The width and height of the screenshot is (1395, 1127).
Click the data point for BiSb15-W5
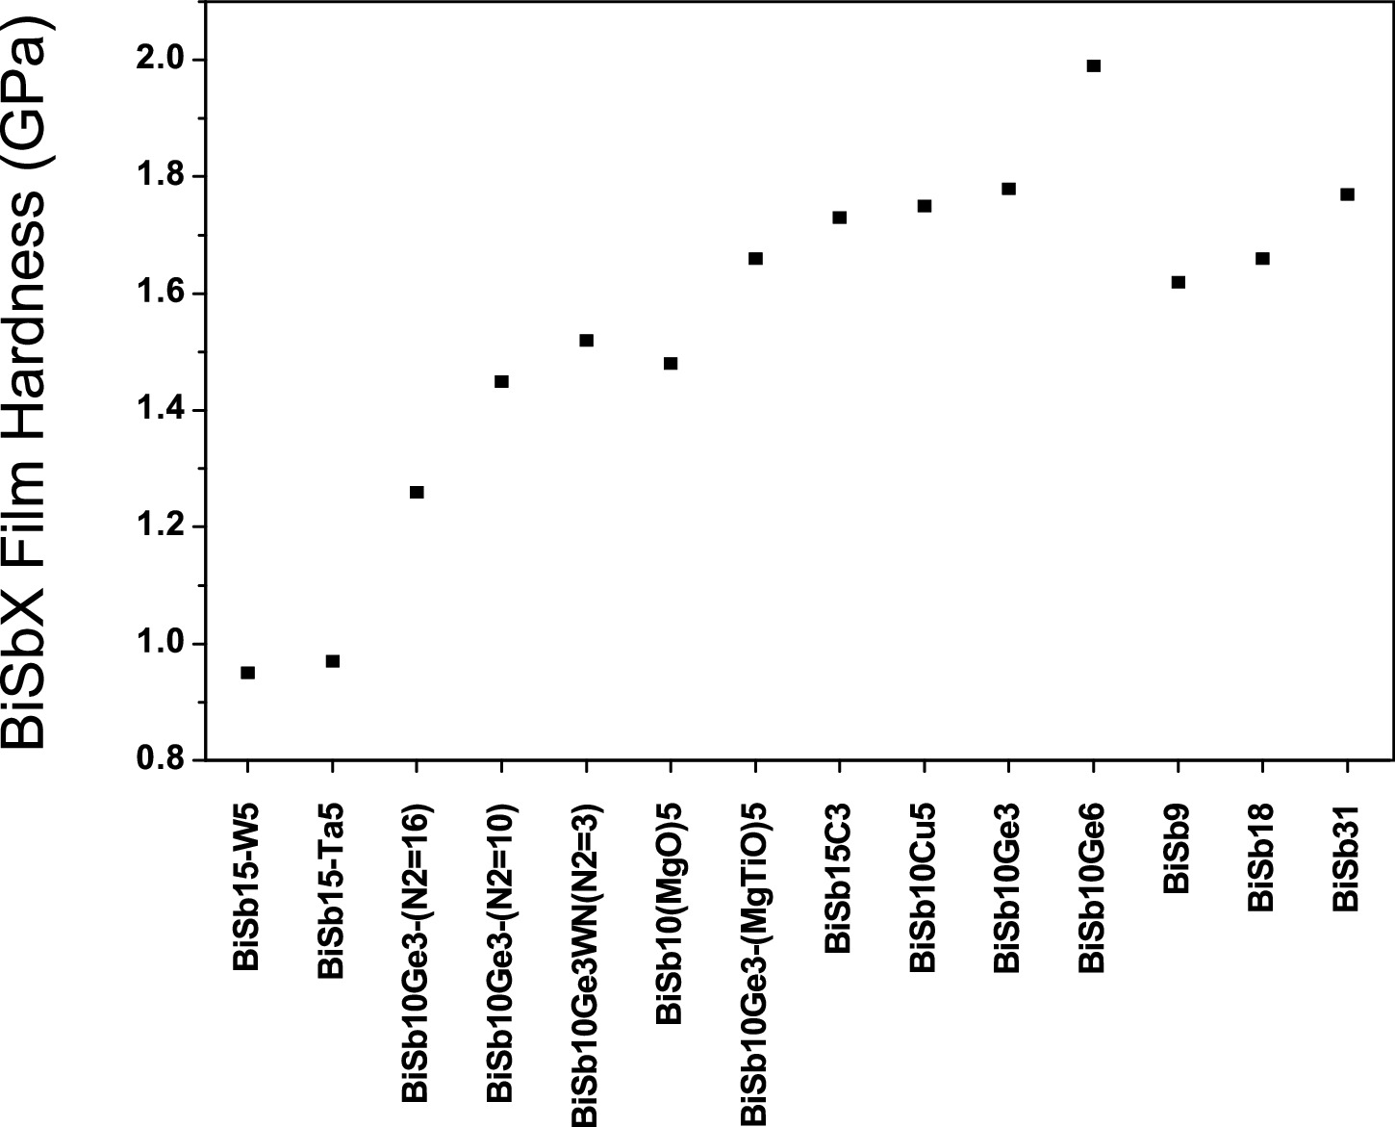click(247, 673)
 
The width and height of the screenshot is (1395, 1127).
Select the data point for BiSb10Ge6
click(1093, 65)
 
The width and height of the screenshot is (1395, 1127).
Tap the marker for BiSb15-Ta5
click(333, 661)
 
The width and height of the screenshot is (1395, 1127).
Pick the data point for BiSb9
click(1179, 282)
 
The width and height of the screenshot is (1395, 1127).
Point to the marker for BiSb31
click(1347, 194)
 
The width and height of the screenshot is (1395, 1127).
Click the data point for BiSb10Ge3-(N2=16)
click(417, 492)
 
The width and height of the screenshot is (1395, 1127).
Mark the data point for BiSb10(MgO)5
click(671, 364)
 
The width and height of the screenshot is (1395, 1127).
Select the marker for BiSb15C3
click(840, 218)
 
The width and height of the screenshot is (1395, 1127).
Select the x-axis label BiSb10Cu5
click(923, 888)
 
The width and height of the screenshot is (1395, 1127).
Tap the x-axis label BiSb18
click(1261, 858)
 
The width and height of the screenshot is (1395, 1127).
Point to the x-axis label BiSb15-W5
click(246, 886)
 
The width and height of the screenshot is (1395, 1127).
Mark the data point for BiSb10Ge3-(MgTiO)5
click(755, 259)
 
